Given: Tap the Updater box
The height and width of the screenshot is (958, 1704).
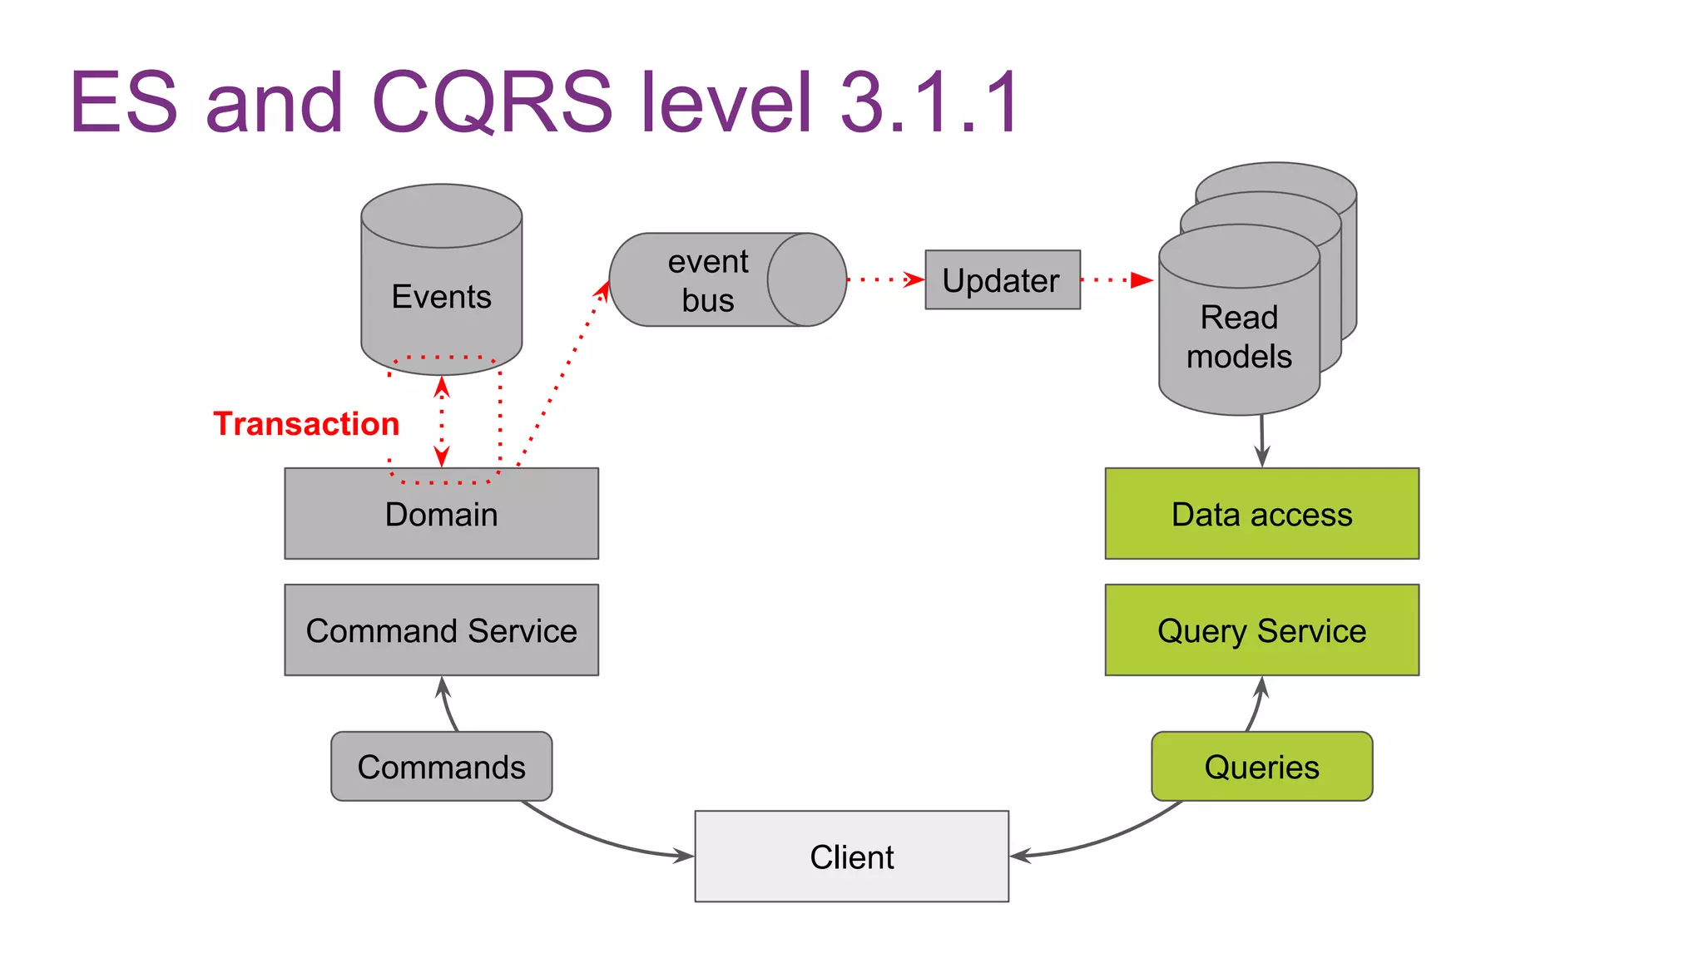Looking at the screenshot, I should click(x=1002, y=280).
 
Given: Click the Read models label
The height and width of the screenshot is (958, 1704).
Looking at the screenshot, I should click(x=1238, y=337).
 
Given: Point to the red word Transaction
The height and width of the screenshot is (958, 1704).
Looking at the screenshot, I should click(x=306, y=424).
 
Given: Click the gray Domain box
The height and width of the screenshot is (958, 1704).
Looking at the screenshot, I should click(x=441, y=514).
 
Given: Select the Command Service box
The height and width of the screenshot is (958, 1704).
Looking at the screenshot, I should click(x=441, y=630).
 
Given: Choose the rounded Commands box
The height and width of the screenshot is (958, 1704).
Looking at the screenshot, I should click(x=441, y=767).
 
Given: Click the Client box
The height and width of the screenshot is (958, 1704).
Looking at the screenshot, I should click(x=851, y=857).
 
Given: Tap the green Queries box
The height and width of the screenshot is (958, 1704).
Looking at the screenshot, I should click(x=1261, y=767).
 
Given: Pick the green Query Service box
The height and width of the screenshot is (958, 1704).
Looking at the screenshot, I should click(x=1261, y=630).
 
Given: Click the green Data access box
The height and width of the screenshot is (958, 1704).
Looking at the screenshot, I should click(x=1261, y=514).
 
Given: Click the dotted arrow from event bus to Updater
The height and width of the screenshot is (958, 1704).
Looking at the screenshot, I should click(x=885, y=280).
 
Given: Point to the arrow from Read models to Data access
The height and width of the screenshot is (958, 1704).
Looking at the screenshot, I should click(x=1262, y=441).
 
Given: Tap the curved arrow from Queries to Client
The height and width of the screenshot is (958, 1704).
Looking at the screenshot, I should click(x=1107, y=838).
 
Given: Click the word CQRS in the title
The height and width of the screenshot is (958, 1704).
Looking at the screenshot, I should click(x=491, y=101).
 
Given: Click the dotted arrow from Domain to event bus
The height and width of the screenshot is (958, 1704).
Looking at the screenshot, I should click(x=562, y=374).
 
